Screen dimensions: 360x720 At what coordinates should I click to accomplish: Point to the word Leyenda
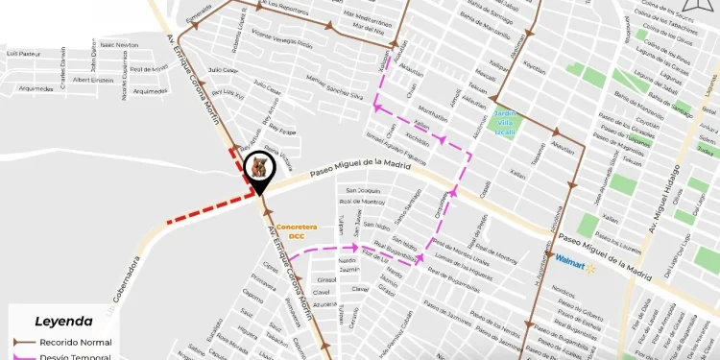63,322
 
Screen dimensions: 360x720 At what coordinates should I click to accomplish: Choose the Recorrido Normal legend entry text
76,342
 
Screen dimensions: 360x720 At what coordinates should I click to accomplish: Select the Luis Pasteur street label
24,54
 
